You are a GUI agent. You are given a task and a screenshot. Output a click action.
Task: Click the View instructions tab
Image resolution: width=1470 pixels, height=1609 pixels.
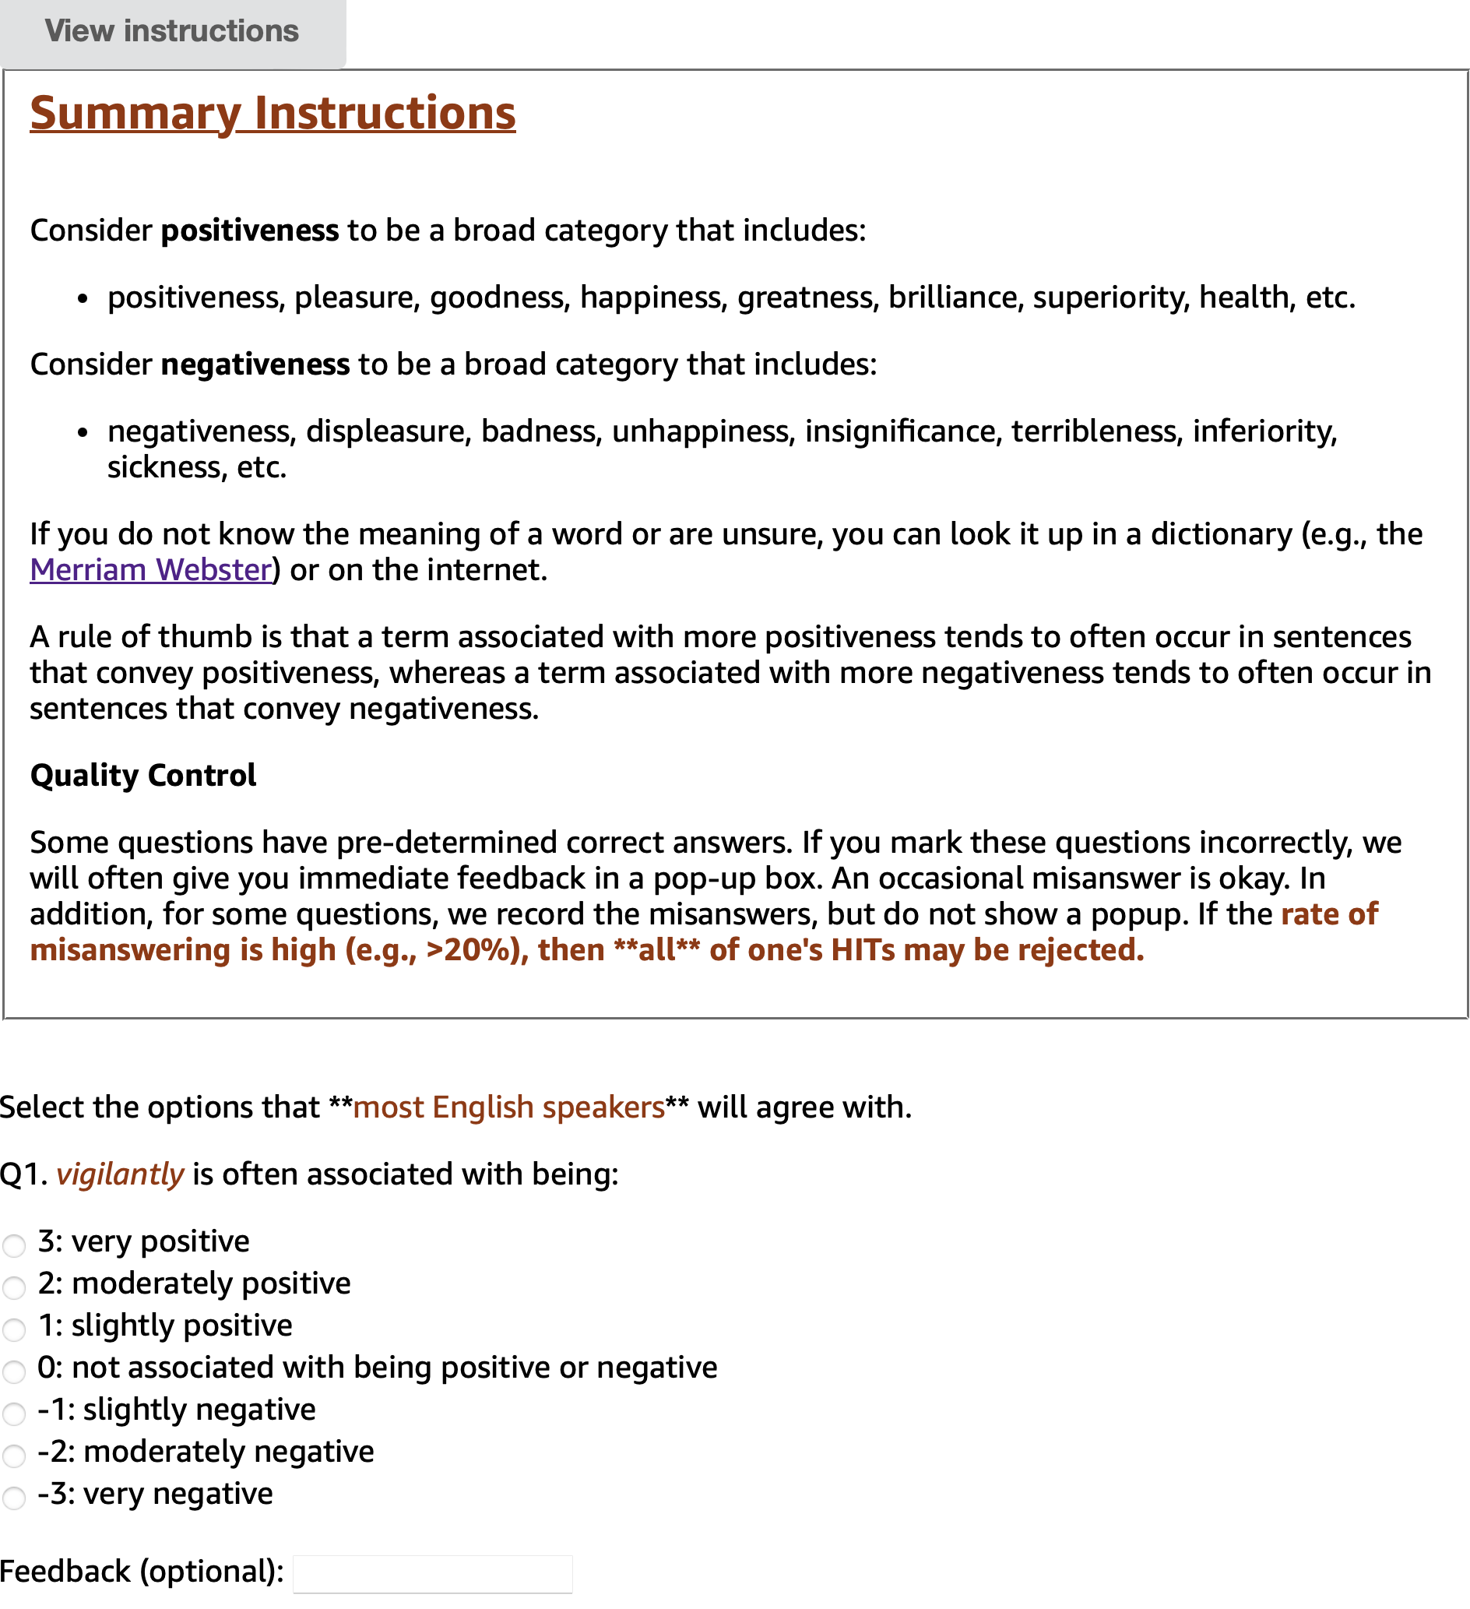171,32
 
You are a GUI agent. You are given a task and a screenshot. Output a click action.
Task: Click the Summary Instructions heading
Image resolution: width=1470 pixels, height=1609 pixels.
273,114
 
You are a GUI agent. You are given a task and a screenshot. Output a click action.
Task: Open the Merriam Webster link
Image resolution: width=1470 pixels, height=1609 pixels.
151,570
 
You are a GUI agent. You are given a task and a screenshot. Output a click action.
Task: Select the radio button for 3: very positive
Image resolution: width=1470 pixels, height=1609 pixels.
14,1245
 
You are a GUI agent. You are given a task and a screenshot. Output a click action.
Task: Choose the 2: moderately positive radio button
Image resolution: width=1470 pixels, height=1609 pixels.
14,1287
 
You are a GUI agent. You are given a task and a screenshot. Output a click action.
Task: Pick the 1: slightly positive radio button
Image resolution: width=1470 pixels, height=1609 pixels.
14,1329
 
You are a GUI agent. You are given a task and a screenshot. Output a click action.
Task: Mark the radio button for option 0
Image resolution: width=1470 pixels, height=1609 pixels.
14,1371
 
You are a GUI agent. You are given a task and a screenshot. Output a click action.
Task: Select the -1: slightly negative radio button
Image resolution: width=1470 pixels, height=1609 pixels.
14,1414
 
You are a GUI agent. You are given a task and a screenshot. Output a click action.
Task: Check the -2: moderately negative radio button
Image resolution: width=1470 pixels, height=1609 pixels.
14,1455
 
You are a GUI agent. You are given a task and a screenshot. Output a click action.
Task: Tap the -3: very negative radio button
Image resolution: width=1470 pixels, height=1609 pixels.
14,1498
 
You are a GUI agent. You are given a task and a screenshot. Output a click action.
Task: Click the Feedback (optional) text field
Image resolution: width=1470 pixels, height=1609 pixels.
432,1574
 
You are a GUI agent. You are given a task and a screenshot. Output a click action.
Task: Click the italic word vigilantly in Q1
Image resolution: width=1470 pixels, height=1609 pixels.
120,1175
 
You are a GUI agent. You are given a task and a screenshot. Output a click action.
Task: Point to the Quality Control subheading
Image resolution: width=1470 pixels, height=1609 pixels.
142,776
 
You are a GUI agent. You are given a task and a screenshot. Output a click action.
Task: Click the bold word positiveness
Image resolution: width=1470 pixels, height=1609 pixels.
250,231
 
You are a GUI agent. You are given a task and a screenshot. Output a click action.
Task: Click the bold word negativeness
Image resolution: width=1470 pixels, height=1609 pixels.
255,364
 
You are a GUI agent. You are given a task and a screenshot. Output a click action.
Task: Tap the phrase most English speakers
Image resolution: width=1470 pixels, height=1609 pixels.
508,1107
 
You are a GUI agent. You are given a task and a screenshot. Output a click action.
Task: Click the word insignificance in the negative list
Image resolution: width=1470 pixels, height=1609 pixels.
902,431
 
